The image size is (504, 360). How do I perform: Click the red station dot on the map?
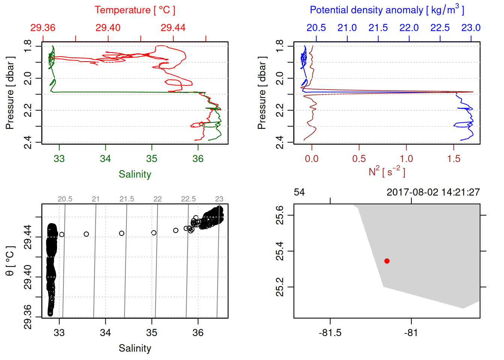point(387,261)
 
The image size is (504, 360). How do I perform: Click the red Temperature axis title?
point(135,10)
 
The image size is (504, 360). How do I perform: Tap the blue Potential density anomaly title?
point(387,10)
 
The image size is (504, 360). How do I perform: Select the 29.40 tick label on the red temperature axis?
point(108,28)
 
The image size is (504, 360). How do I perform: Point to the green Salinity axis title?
point(135,174)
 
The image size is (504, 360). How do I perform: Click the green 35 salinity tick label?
point(151,159)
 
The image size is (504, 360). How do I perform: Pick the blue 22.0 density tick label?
point(409,28)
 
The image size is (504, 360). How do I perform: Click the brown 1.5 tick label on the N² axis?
point(453,159)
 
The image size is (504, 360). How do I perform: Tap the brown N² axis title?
point(387,172)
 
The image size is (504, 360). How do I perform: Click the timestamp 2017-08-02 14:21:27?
point(433,192)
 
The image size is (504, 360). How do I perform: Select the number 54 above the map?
point(299,192)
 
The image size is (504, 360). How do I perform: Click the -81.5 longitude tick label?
point(330,333)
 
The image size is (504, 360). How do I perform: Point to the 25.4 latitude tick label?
point(280,251)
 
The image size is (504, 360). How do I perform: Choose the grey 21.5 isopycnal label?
point(127,199)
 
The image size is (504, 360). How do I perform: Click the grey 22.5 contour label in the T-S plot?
point(188,199)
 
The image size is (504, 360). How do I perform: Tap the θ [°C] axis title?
point(10,261)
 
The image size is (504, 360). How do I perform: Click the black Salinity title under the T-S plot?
point(135,348)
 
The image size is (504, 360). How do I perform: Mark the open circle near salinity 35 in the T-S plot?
point(154,233)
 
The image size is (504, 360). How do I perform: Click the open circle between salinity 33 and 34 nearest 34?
point(86,234)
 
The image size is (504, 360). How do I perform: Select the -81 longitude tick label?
point(411,333)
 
